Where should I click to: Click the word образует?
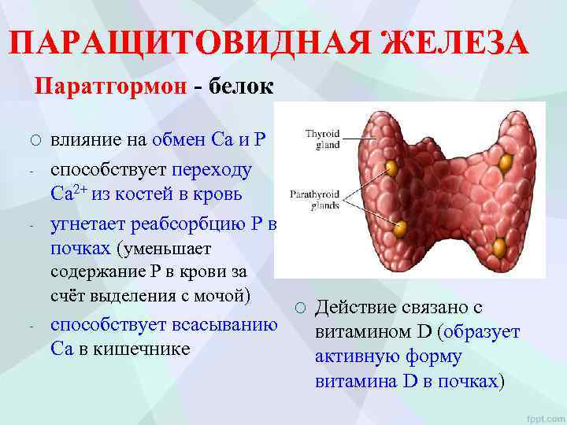pos(483,332)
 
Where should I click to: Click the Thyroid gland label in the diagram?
pos(322,139)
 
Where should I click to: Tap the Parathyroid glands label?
pos(319,197)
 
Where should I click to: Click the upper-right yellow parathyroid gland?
pos(505,162)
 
